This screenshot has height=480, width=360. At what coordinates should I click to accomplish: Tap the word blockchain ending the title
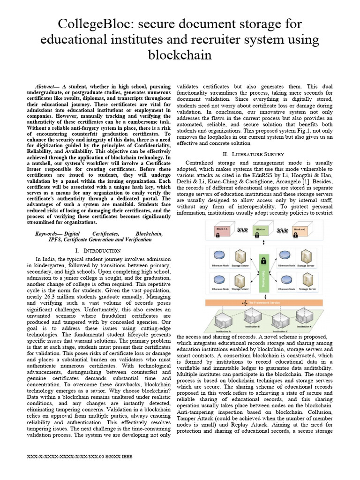(x=180, y=55)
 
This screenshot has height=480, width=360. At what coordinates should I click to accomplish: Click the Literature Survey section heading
(x=254, y=154)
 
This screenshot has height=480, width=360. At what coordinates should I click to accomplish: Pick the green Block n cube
(x=260, y=231)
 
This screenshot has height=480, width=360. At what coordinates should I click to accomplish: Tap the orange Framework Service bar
(x=263, y=303)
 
